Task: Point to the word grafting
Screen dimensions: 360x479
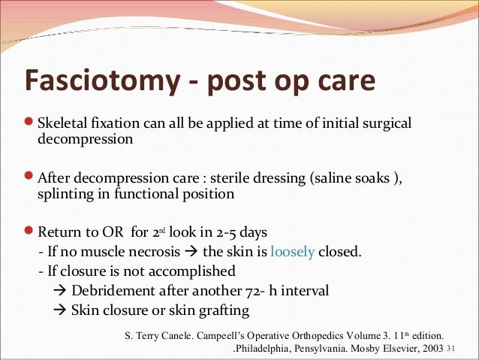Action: click(222, 309)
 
